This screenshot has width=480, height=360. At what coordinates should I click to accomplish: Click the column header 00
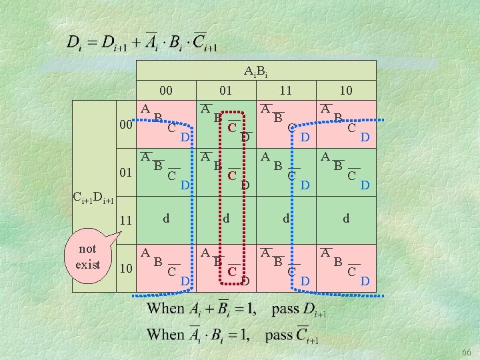pyautogui.click(x=166, y=90)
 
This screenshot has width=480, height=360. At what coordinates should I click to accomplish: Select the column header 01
pyautogui.click(x=226, y=90)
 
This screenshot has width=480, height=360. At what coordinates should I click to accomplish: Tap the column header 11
pyautogui.click(x=285, y=90)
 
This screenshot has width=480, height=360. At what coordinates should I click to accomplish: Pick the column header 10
pyautogui.click(x=346, y=90)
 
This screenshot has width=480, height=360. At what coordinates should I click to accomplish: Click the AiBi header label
pyautogui.click(x=255, y=71)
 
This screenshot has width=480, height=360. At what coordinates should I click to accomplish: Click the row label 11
pyautogui.click(x=126, y=221)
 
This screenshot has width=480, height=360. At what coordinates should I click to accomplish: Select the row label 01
pyautogui.click(x=126, y=173)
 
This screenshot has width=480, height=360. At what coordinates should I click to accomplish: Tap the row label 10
pyautogui.click(x=126, y=269)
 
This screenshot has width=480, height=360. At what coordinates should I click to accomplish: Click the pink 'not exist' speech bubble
pyautogui.click(x=88, y=256)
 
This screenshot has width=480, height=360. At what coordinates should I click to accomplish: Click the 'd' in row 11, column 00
pyautogui.click(x=166, y=218)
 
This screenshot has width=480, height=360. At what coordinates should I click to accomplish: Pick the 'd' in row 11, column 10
pyautogui.click(x=346, y=218)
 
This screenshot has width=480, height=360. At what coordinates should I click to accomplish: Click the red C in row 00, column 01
pyautogui.click(x=232, y=127)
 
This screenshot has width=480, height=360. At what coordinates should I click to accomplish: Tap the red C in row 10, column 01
pyautogui.click(x=232, y=271)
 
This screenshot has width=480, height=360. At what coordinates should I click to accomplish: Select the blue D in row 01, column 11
pyautogui.click(x=305, y=185)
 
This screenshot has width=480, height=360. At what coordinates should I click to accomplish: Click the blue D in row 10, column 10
pyautogui.click(x=365, y=281)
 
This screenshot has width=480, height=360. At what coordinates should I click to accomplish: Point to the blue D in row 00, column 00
pyautogui.click(x=185, y=137)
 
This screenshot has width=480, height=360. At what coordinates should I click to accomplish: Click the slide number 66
pyautogui.click(x=467, y=352)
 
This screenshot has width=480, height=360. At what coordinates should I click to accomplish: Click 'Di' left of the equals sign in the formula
pyautogui.click(x=75, y=43)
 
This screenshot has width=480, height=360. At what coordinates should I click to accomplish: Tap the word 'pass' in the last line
pyautogui.click(x=279, y=335)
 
